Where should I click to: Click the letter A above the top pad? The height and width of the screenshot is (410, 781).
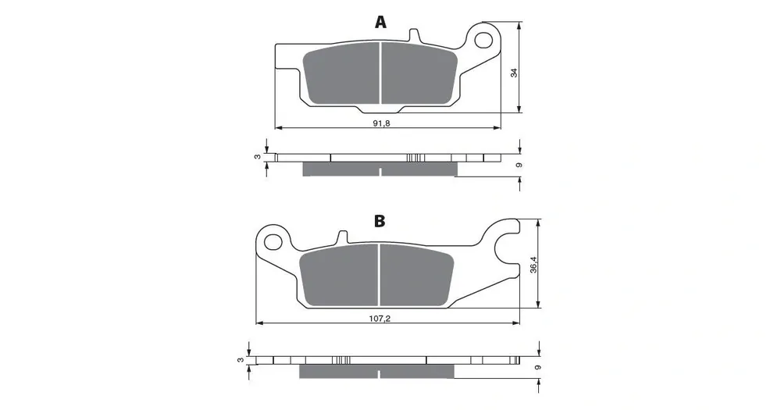coord(380,22)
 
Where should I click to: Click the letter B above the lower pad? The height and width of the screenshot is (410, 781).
coord(380,221)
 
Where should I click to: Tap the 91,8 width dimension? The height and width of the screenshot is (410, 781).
coord(382,123)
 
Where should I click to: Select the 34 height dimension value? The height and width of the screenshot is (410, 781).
coord(515,72)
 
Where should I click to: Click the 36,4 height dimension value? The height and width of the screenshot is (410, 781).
coord(533,265)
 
